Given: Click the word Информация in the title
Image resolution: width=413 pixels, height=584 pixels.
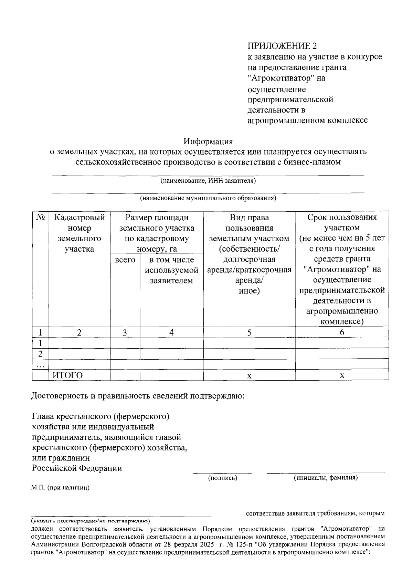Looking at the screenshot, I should pos(208,141).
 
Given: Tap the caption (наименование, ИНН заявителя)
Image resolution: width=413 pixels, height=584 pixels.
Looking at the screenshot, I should pos(208,181).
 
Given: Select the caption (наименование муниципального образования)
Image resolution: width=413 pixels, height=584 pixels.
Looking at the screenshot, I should pos(208,198).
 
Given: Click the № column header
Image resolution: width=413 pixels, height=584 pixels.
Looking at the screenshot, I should pos(40,217).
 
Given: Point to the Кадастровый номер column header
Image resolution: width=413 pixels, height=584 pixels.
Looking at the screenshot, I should pos(80,233).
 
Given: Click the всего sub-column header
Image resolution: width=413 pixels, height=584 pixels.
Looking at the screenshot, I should pos(125,260).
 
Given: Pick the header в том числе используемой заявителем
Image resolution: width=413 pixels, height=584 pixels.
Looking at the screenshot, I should pos(171,270).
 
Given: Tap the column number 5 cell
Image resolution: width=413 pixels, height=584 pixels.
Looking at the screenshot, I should pos(249,332).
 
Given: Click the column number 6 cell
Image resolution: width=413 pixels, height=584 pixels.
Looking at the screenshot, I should pos(342,332).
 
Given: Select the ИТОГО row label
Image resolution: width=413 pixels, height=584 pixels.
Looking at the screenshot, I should pos(68,375).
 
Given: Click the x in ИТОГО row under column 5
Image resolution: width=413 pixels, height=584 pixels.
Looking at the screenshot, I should pos(249,376).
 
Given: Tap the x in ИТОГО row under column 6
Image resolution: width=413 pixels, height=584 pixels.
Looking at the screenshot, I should pos(342,376).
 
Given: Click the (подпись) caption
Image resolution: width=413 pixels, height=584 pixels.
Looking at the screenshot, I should pos(223,478).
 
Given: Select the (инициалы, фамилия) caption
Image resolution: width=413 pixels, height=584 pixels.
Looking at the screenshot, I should pos(325,478).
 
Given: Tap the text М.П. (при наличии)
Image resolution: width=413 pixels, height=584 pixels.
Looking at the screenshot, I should pos(60,488).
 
